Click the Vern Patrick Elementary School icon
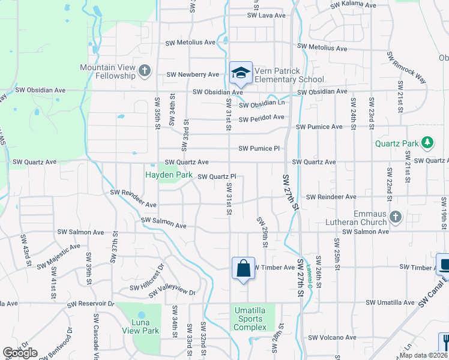tap(241, 73)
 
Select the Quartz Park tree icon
tap(427, 143)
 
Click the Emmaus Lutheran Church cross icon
tap(395, 216)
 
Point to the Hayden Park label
tap(169, 175)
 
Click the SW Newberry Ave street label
tap(193, 74)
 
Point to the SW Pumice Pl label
tap(259, 148)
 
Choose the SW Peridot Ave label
tap(261, 118)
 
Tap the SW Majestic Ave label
tap(58, 256)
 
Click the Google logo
tap(20, 353)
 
